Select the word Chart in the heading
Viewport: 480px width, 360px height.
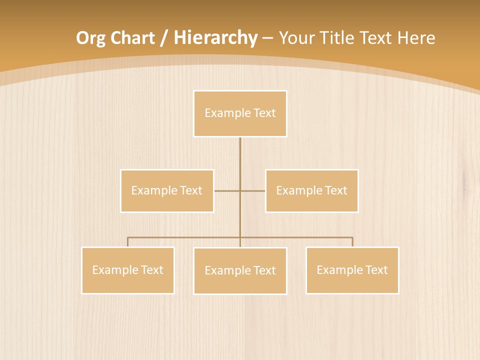click(129, 38)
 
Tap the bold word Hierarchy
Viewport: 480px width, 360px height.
click(215, 38)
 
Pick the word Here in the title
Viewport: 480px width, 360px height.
click(416, 38)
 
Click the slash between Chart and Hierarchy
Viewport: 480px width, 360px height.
click(164, 38)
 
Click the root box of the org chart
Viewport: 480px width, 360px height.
click(240, 113)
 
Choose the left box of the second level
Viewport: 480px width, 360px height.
click(167, 191)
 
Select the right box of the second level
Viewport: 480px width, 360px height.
click(311, 191)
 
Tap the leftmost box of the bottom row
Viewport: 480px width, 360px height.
click(128, 270)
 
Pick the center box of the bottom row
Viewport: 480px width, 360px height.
click(240, 271)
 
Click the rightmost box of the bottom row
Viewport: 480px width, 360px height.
click(352, 270)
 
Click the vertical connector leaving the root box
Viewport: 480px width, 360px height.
click(240, 155)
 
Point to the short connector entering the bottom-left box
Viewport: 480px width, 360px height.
click(128, 242)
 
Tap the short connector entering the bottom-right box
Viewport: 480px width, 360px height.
click(352, 242)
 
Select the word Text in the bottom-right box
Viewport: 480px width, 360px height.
click(376, 270)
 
